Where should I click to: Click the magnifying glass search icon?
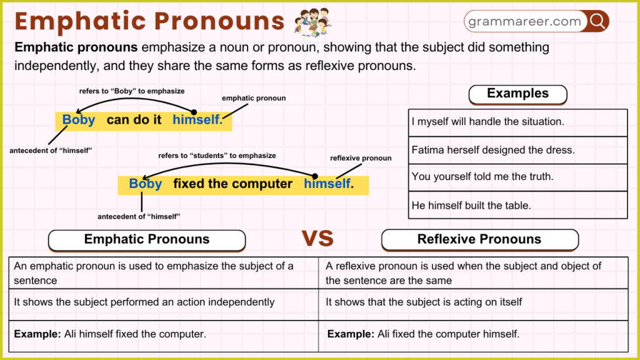(597, 21)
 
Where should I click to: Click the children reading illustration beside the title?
(312, 22)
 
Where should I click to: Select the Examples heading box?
(517, 94)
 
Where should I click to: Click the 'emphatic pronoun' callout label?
(254, 98)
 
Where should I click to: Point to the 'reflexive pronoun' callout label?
(361, 158)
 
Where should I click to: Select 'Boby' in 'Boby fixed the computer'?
(145, 184)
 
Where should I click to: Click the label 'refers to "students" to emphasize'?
(217, 156)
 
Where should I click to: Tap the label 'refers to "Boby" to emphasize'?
(131, 91)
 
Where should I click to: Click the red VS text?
(317, 239)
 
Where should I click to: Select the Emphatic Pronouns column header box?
(147, 239)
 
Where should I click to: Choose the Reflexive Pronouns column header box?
(479, 239)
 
